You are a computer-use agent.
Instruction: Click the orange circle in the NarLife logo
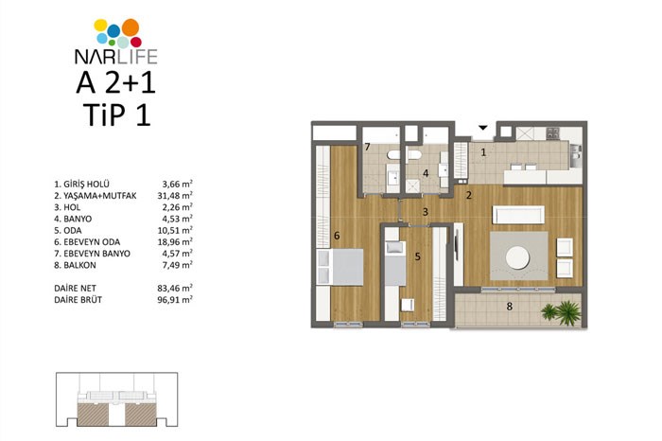coord(131,27)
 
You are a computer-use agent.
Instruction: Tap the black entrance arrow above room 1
coord(483,128)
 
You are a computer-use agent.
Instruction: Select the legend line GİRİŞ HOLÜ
coord(81,185)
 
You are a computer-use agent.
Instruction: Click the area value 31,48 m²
coord(175,196)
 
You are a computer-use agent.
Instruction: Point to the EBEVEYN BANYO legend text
coord(96,254)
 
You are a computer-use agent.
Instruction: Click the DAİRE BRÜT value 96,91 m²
coord(175,299)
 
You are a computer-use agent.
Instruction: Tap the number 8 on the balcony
coord(509,307)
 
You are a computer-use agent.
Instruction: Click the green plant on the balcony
coord(562,312)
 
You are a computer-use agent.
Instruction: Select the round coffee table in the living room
coord(517,257)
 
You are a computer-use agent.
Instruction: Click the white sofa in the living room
coord(518,215)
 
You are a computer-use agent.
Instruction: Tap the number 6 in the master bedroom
coord(337,236)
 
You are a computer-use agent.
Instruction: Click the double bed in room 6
coord(340,267)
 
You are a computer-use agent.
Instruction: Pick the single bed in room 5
coord(395,263)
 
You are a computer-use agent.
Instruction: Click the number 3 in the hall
coord(426,212)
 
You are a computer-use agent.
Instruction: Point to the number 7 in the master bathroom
coord(367,147)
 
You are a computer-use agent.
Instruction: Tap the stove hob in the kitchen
coord(552,133)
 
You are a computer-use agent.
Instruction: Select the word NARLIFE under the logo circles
coord(115,56)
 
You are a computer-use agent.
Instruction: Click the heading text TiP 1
coord(116,115)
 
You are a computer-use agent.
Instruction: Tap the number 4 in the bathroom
coord(426,173)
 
